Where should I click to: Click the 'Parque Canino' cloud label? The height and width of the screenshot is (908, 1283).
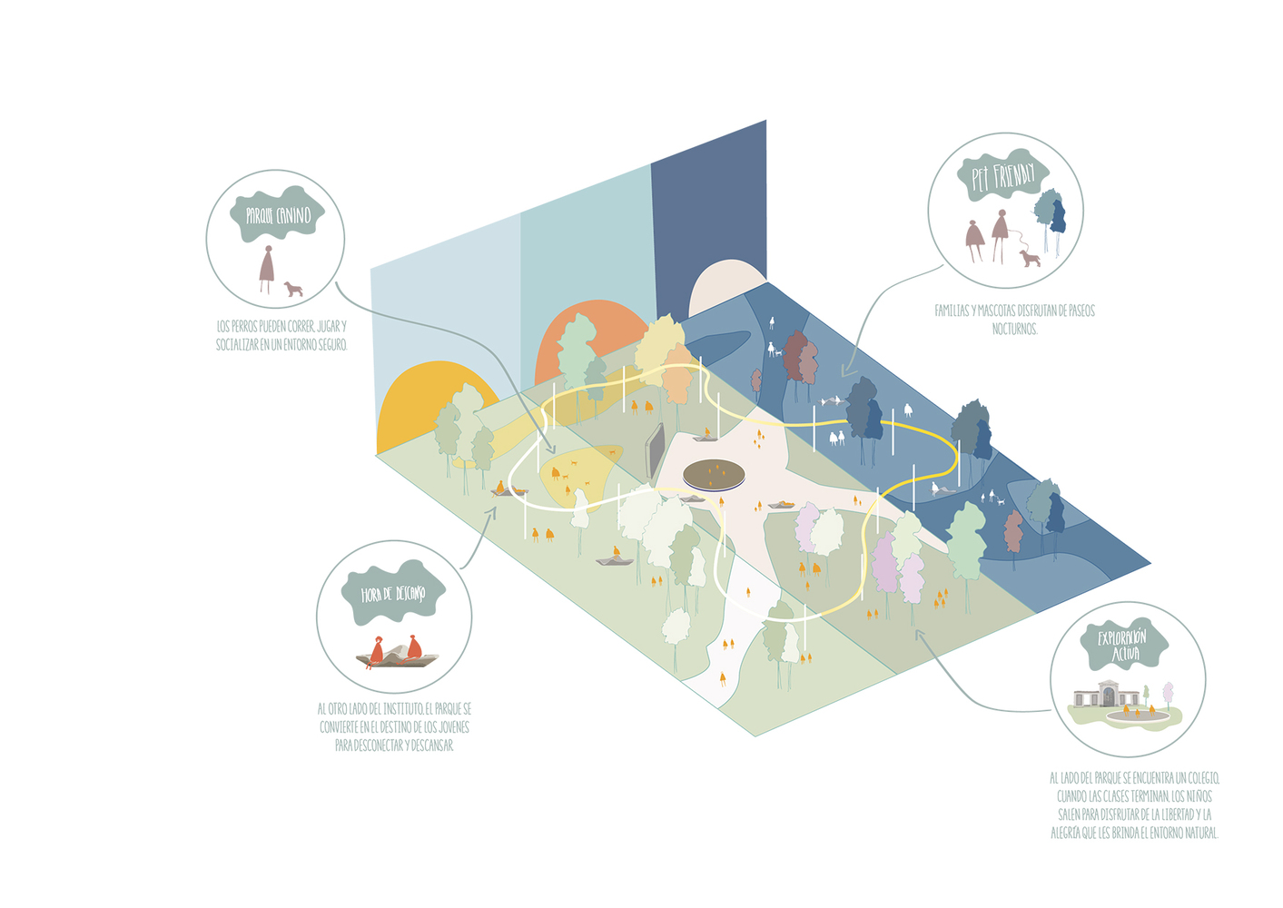pyautogui.click(x=278, y=215)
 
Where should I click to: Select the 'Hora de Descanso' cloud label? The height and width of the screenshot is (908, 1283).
pyautogui.click(x=393, y=593)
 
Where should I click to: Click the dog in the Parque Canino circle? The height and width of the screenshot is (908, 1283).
pyautogui.click(x=292, y=290)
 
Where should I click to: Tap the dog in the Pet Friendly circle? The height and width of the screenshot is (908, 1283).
pyautogui.click(x=1030, y=259)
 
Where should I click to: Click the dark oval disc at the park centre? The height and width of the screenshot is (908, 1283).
pyautogui.click(x=715, y=474)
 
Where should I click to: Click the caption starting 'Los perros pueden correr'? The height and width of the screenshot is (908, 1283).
pyautogui.click(x=281, y=335)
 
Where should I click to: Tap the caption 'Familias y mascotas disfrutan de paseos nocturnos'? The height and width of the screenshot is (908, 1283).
pyautogui.click(x=1014, y=320)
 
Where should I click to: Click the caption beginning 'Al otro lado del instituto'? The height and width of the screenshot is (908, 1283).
pyautogui.click(x=394, y=726)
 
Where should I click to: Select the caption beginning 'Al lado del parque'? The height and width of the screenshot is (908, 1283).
pyautogui.click(x=1134, y=805)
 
